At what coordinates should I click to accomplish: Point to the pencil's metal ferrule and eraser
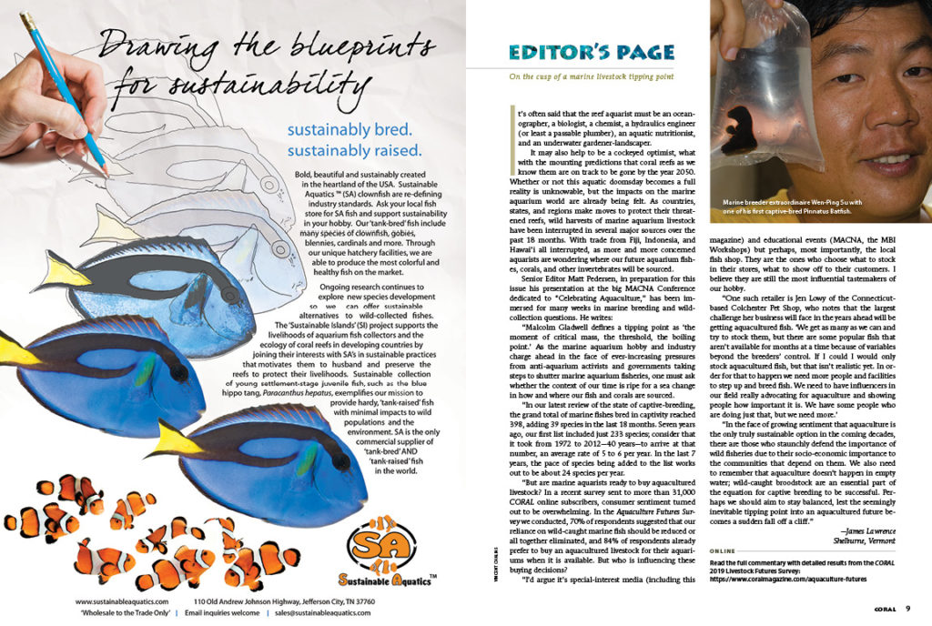click(x=27, y=20)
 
